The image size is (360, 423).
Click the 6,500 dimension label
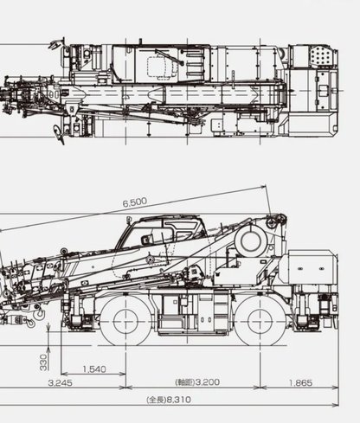[135, 202]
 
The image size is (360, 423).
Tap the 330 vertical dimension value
[43, 362]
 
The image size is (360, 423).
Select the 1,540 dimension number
[94, 369]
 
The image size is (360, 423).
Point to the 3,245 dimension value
[61, 383]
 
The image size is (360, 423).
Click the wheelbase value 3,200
[208, 382]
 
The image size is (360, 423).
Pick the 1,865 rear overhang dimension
[300, 383]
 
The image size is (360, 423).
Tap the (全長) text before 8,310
[156, 400]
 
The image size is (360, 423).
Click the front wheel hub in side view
[126, 322]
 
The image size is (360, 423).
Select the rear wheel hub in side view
[260, 322]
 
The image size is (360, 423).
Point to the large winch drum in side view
[251, 241]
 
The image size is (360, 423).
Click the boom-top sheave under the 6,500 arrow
[273, 222]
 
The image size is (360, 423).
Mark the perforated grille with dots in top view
[322, 55]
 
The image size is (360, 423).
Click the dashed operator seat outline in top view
[163, 67]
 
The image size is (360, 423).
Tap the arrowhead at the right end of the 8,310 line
[336, 405]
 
